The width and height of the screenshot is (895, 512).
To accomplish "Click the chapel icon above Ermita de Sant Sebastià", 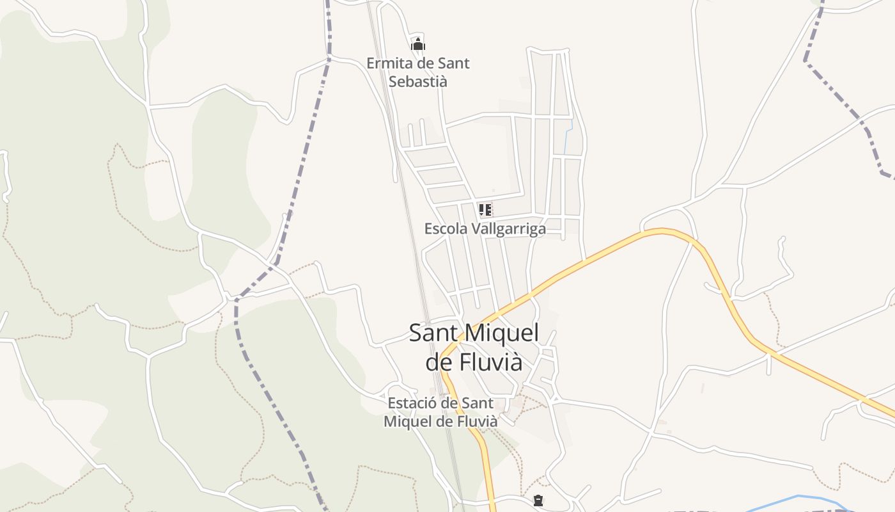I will pyautogui.click(x=418, y=44).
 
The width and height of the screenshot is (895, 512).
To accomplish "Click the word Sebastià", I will pyautogui.click(x=418, y=82).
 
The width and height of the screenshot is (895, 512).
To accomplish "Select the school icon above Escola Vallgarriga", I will pyautogui.click(x=485, y=209).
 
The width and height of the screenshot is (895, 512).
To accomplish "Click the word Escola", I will pyautogui.click(x=446, y=228).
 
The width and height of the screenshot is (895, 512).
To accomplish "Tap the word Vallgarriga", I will pyautogui.click(x=508, y=228).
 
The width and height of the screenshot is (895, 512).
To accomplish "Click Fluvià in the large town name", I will pyautogui.click(x=488, y=362).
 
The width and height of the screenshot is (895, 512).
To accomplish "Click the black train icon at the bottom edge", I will pyautogui.click(x=538, y=500).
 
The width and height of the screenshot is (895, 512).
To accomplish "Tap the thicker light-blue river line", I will pyautogui.click(x=799, y=497).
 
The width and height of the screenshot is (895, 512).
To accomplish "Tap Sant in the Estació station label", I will pyautogui.click(x=478, y=403).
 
